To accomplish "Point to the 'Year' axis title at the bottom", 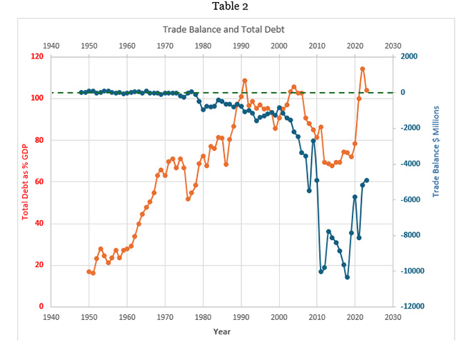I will click(221, 331).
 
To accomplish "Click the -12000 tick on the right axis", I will click(408, 306).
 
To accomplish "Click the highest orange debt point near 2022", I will click(363, 69).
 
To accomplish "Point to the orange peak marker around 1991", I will click(245, 81).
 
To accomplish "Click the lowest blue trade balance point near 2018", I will click(347, 277).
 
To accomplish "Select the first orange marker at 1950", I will click(89, 271).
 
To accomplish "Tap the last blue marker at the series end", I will click(366, 181).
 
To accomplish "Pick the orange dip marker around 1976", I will click(188, 199).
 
